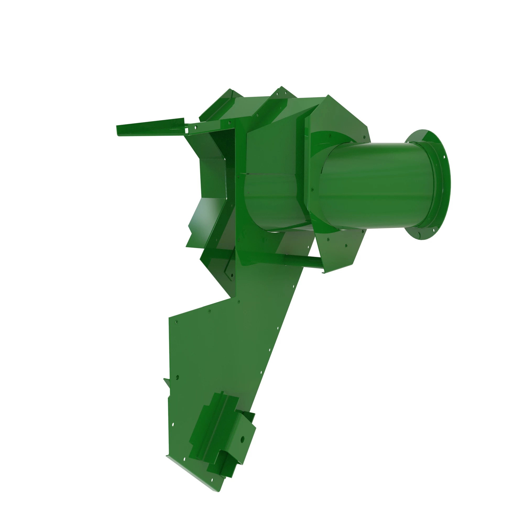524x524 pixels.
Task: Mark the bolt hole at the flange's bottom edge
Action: (x=419, y=234)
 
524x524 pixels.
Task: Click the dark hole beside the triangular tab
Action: (x=177, y=377)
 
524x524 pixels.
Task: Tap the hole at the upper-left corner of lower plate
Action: (x=176, y=322)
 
